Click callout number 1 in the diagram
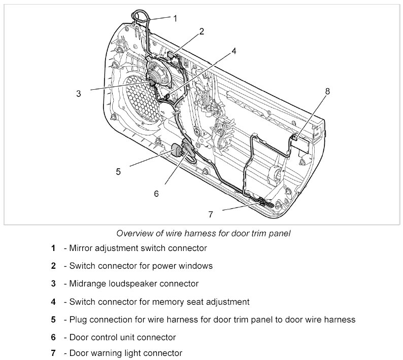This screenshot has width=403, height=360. pos(175,18)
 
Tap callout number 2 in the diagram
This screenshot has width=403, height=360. pos(201,31)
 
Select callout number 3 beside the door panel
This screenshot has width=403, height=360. pos(79,93)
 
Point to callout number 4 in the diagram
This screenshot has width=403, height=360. pos(234,51)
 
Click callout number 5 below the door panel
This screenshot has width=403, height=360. pos(118,171)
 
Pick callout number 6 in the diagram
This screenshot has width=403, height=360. pos(156,193)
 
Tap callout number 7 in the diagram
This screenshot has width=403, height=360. pos(211,214)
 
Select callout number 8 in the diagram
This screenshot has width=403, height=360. pos(327,91)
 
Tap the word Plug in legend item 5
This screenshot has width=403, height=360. pos(78,319)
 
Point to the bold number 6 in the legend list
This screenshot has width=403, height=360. pos(53,337)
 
